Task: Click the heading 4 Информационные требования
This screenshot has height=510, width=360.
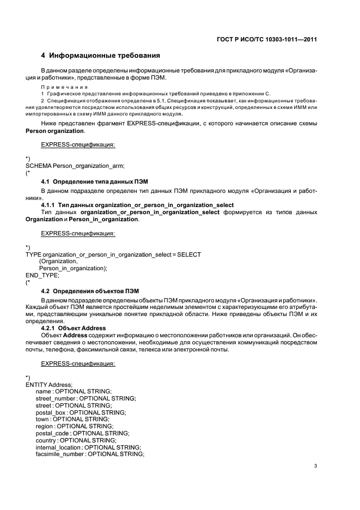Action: pyautogui.click(x=101, y=56)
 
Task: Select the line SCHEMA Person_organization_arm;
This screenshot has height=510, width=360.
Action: pyautogui.click(x=75, y=166)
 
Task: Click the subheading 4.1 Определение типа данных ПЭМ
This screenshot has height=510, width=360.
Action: pyautogui.click(x=94, y=180)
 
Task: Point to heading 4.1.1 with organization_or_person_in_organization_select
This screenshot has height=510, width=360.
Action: pyautogui.click(x=130, y=204)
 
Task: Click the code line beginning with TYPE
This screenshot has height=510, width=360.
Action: pyautogui.click(x=113, y=254)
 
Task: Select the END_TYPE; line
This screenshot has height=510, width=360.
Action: pyautogui.click(x=42, y=276)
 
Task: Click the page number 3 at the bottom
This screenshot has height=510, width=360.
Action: pyautogui.click(x=316, y=466)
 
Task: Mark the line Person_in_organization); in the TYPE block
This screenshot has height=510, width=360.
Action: pyautogui.click(x=73, y=269)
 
